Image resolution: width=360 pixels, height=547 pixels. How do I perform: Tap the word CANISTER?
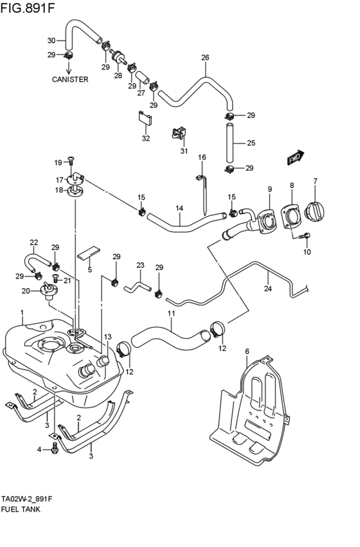[x=70, y=80]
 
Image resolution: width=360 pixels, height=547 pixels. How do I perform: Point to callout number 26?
[x=205, y=58]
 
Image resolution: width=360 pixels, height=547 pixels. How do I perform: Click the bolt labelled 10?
[x=306, y=237]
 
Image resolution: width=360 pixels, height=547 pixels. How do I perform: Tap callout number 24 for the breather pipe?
[x=268, y=289]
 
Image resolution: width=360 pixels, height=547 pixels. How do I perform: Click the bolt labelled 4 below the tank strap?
[x=55, y=448]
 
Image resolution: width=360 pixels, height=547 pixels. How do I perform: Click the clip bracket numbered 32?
[x=145, y=120]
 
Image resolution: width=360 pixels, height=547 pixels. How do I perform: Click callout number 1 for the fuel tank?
[x=21, y=313]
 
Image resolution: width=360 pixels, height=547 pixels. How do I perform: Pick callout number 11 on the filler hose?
[x=171, y=314]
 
